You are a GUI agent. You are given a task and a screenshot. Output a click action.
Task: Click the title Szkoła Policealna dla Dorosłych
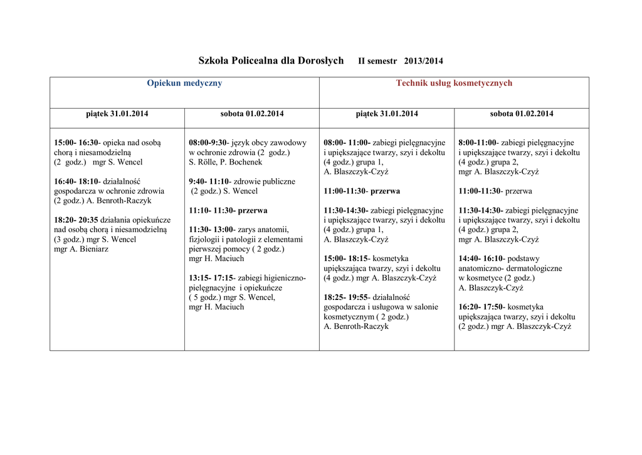click(271, 61)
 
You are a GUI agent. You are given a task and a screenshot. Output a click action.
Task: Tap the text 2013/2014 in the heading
click(424, 62)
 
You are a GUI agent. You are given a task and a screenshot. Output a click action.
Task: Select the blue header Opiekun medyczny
click(184, 83)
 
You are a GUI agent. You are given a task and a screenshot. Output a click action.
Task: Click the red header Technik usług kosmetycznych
click(454, 83)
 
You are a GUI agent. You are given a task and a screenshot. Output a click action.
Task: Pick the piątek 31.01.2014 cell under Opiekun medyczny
click(117, 114)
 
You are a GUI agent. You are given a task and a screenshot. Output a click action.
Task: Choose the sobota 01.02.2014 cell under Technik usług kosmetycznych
click(522, 114)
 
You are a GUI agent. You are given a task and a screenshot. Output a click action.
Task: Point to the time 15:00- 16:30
click(76, 142)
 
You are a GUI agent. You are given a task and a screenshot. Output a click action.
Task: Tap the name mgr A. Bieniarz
click(81, 249)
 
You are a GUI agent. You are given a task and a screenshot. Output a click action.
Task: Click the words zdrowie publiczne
click(264, 181)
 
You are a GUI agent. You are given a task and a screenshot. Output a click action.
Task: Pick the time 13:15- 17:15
click(211, 278)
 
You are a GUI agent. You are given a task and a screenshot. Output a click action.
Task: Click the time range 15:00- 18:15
click(345, 259)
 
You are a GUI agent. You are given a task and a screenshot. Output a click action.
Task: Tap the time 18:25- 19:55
click(345, 297)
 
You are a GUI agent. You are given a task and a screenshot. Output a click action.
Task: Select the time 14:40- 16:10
click(480, 259)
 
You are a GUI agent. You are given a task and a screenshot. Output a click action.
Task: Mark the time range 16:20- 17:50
click(480, 307)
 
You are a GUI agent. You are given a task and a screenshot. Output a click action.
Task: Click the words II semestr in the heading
click(377, 62)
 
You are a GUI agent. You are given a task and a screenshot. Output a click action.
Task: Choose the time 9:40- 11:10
click(209, 181)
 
